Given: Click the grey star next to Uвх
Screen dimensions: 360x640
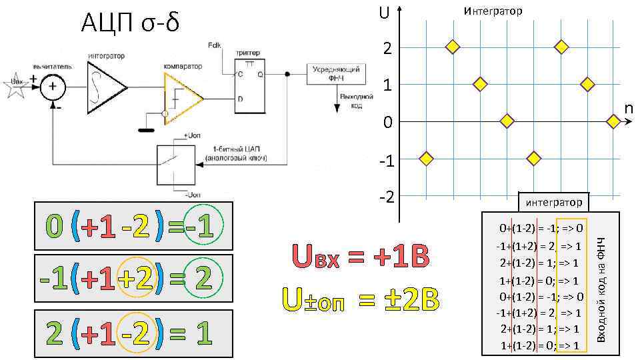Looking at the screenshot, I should pos(15,85).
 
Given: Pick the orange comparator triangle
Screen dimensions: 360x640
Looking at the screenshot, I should pos(181,99).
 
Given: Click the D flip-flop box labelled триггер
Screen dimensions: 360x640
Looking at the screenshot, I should pos(250,86).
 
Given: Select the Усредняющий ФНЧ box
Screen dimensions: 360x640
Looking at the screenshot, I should pos(334,74).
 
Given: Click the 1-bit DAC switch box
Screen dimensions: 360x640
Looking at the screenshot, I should pos(176,165).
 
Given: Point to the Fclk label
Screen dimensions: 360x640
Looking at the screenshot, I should pos(215,45).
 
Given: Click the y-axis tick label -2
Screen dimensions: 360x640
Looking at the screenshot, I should pos(385,198).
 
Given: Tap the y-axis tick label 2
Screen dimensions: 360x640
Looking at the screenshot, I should pos(387,48).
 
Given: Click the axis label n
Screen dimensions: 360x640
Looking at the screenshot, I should pos(628,108).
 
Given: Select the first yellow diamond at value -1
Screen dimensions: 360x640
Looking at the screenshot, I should pos(426,159).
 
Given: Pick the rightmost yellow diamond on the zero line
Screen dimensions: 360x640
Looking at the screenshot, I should pos(613,121).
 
